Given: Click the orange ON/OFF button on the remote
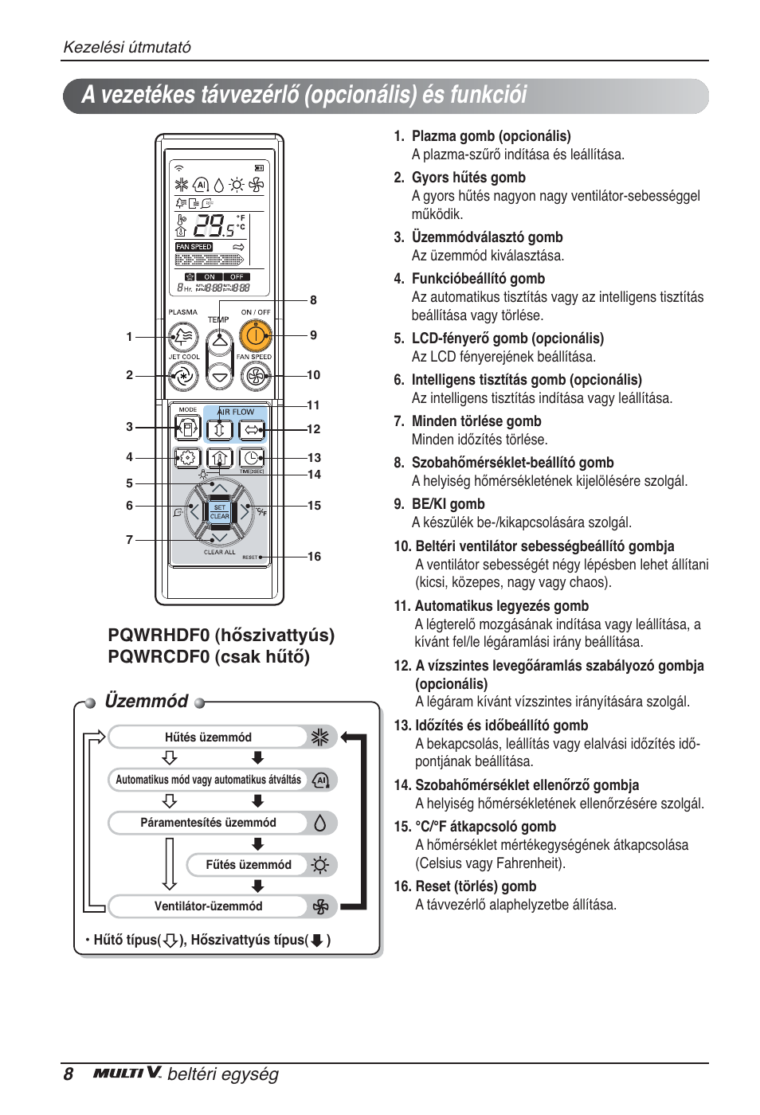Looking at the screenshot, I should [255, 337].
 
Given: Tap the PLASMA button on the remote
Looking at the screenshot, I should [183, 337].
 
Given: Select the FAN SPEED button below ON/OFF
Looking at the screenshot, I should [255, 375].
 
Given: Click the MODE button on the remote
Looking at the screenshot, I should [187, 428].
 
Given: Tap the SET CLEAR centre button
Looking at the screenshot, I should [219, 511].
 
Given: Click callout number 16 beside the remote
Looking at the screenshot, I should [315, 557].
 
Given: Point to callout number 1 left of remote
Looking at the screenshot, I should [129, 337].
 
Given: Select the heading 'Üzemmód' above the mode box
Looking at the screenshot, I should [147, 701].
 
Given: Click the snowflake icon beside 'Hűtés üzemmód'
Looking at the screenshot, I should [320, 737].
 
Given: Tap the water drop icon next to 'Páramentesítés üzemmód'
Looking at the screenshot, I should [320, 823].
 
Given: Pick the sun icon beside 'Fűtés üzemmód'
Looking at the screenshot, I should [320, 865].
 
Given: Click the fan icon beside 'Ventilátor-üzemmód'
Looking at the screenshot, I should [320, 906].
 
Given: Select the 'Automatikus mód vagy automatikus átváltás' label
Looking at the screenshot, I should [209, 780].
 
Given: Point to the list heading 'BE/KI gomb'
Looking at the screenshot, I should [448, 504].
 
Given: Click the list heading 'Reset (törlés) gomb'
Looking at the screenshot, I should [476, 886].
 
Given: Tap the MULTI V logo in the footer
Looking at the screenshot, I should [127, 1073].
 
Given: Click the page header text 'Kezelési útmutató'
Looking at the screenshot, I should [127, 47].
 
